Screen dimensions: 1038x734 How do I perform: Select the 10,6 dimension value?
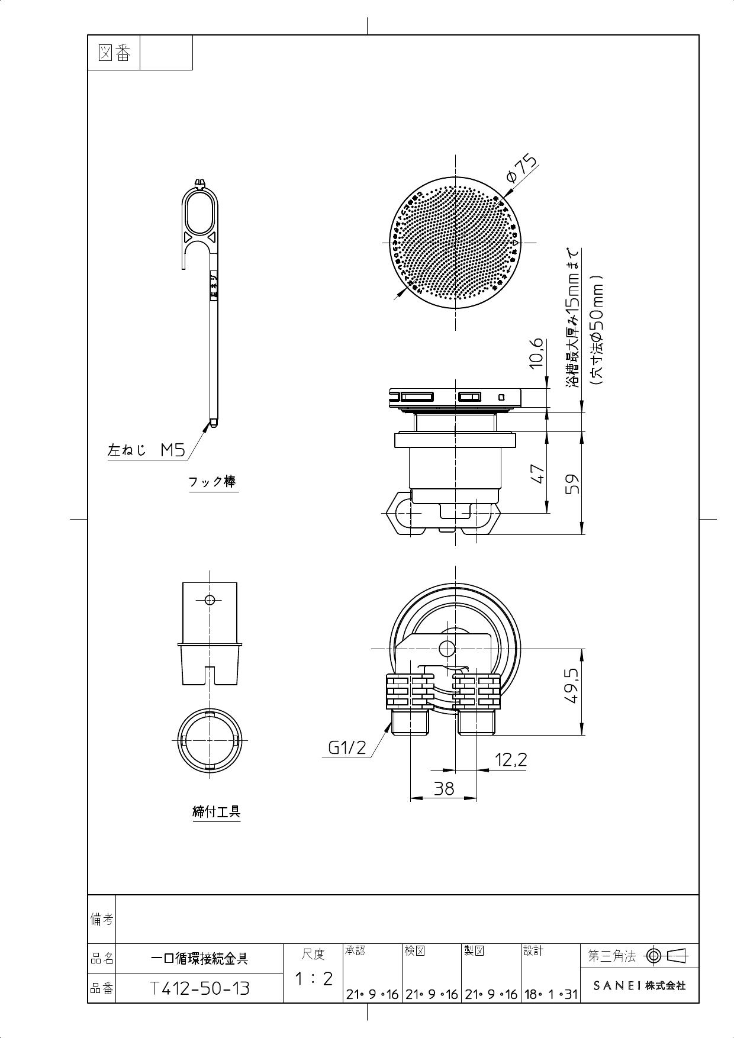coord(536,353)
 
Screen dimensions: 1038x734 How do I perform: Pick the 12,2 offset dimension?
coord(510,759)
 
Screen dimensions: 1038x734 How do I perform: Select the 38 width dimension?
coord(443,788)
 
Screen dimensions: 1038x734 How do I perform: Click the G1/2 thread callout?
coord(347,749)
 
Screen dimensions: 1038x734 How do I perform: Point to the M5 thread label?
coord(173,451)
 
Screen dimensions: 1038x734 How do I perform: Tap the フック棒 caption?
coord(213,482)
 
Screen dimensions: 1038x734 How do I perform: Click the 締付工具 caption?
coord(217,811)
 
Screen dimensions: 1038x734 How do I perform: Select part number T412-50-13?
coord(199,988)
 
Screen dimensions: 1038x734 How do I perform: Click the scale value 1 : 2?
coord(314,978)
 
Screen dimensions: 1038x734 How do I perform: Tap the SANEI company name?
coord(639,985)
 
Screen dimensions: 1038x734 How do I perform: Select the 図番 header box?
coord(114,53)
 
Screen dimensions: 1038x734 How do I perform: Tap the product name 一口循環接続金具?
coord(199,958)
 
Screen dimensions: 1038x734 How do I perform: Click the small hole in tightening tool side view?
coord(209,599)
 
